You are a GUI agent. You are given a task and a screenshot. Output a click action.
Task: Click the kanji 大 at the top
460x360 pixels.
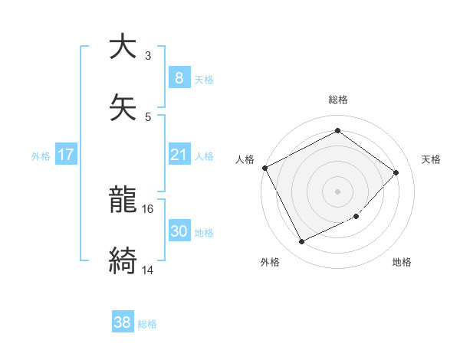coord(123,47)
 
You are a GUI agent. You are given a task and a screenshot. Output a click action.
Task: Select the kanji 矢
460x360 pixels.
coord(123,109)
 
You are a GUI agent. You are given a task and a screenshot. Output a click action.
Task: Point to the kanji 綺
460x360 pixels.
coord(123,261)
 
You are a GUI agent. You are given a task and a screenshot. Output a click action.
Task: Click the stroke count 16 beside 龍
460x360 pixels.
coord(148,208)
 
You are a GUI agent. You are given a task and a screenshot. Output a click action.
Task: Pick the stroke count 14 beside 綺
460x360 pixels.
coord(148,270)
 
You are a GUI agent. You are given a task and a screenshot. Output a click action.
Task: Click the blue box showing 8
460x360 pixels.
coord(179,77)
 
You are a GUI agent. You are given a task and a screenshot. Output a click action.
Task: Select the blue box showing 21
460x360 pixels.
coord(179,155)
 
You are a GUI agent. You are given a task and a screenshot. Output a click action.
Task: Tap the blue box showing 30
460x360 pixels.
coord(179,231)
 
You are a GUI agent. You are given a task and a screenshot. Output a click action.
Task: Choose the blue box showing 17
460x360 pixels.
coord(66,155)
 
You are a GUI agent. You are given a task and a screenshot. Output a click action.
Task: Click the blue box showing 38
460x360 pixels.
coord(122,322)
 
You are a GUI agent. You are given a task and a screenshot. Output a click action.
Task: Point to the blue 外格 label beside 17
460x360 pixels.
coord(41,155)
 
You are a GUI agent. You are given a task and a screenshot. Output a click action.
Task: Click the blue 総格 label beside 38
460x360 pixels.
coord(147,323)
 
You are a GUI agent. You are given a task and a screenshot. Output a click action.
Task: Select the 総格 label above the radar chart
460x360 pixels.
coord(337,100)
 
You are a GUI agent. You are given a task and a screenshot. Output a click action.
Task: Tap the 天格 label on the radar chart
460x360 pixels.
coord(431,159)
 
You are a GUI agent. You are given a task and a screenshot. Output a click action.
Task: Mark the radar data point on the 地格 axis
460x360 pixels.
coord(356,217)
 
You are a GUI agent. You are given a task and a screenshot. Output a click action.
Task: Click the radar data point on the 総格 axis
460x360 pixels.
coord(337,130)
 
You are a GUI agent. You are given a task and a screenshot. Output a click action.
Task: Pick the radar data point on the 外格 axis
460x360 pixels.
coord(302,241)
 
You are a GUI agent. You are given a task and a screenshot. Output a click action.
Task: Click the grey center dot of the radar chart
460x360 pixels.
coord(337,191)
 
